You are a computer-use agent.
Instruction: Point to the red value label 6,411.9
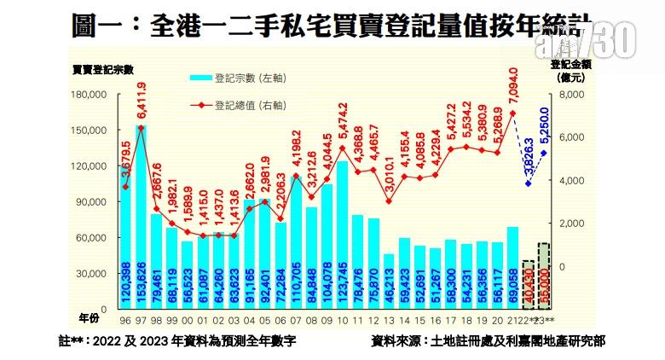click(142, 102)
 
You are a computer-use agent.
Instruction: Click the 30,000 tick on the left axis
click(90, 274)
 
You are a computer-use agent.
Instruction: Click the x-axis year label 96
click(125, 321)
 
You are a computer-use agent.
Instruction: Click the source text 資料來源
click(488, 343)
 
